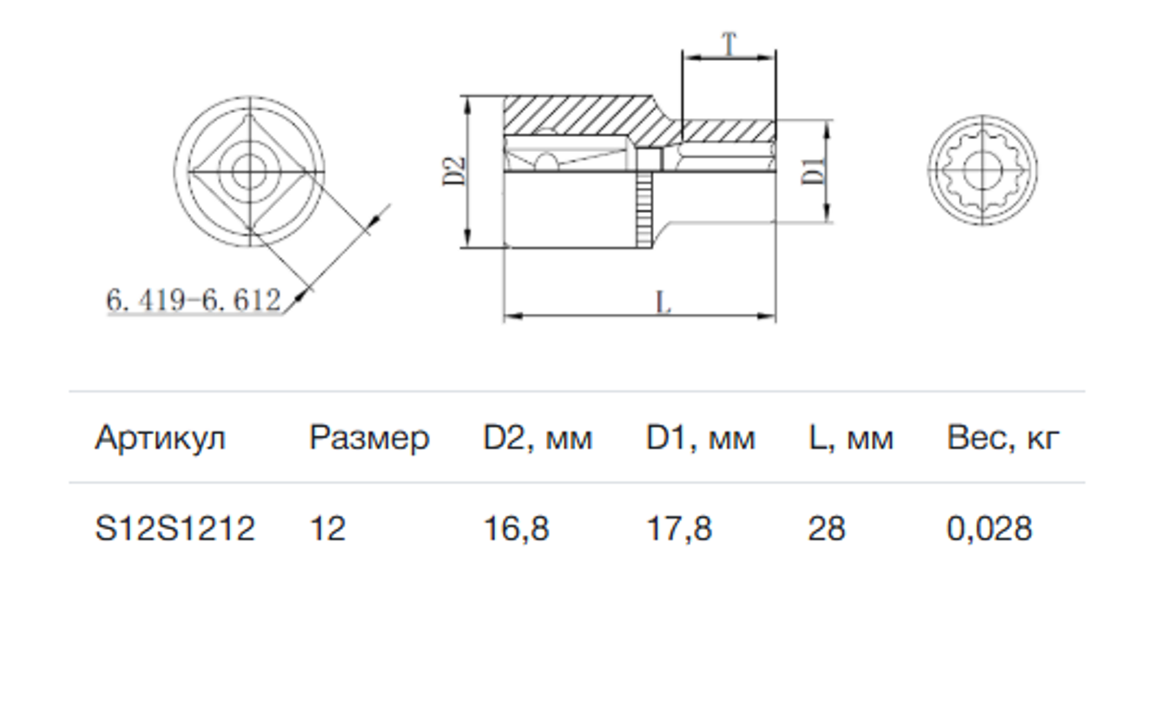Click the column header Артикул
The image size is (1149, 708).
[160, 440]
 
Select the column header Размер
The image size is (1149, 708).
[369, 440]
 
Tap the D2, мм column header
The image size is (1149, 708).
[538, 440]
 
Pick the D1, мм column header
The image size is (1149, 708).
[700, 440]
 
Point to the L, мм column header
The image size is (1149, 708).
[851, 440]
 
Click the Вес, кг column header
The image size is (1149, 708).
[1003, 440]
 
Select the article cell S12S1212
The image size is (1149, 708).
[175, 528]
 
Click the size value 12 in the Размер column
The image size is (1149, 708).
[327, 528]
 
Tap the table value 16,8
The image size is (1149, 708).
[516, 529]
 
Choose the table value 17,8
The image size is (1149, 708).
[678, 529]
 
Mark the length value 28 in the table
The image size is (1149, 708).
[826, 528]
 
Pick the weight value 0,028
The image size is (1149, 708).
[989, 529]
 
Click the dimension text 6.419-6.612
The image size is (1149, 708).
[194, 300]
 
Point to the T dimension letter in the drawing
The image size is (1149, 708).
[729, 43]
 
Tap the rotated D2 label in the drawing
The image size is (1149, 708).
[454, 171]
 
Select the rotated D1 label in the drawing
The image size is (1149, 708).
[813, 171]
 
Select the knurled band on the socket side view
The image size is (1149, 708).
[644, 210]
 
